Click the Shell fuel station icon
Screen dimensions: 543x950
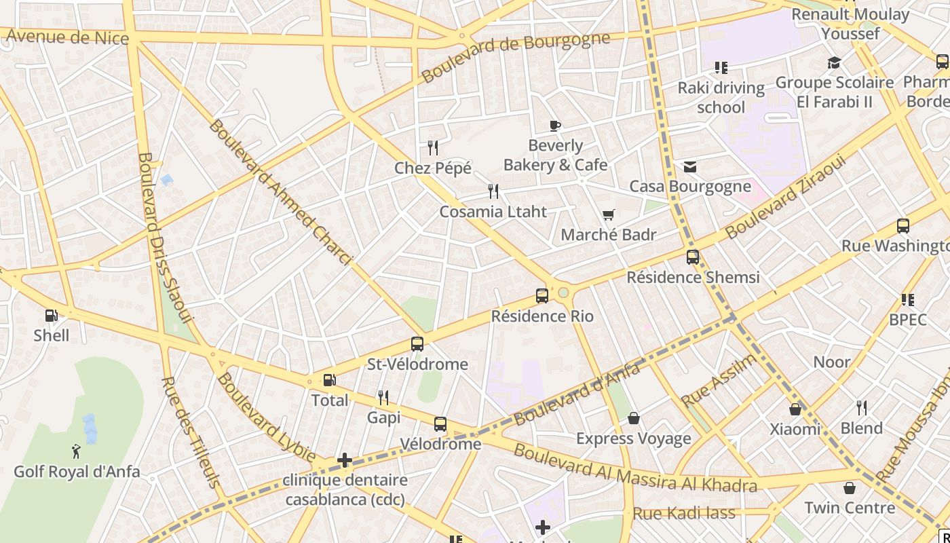[51, 316]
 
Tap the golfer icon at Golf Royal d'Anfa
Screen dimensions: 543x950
[76, 451]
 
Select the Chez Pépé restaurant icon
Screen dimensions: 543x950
[433, 148]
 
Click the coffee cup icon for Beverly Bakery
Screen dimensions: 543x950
[555, 126]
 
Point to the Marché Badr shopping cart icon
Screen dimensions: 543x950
[609, 215]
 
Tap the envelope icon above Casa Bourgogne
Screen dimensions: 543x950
[690, 167]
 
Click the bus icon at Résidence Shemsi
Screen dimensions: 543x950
[693, 257]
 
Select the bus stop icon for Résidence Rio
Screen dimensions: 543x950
[541, 296]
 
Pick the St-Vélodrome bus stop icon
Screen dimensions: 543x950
[417, 344]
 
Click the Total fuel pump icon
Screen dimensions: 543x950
[329, 381]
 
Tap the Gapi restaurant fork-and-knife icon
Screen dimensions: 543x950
[384, 398]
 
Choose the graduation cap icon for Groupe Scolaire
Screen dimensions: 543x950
[834, 63]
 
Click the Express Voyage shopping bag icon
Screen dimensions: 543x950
[634, 418]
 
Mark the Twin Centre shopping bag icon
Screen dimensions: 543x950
[849, 488]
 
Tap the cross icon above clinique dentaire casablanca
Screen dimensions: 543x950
[345, 461]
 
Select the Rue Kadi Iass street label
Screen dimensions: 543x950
[683, 512]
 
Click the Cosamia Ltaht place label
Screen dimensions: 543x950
[493, 212]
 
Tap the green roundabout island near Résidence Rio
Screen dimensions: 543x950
[563, 293]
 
